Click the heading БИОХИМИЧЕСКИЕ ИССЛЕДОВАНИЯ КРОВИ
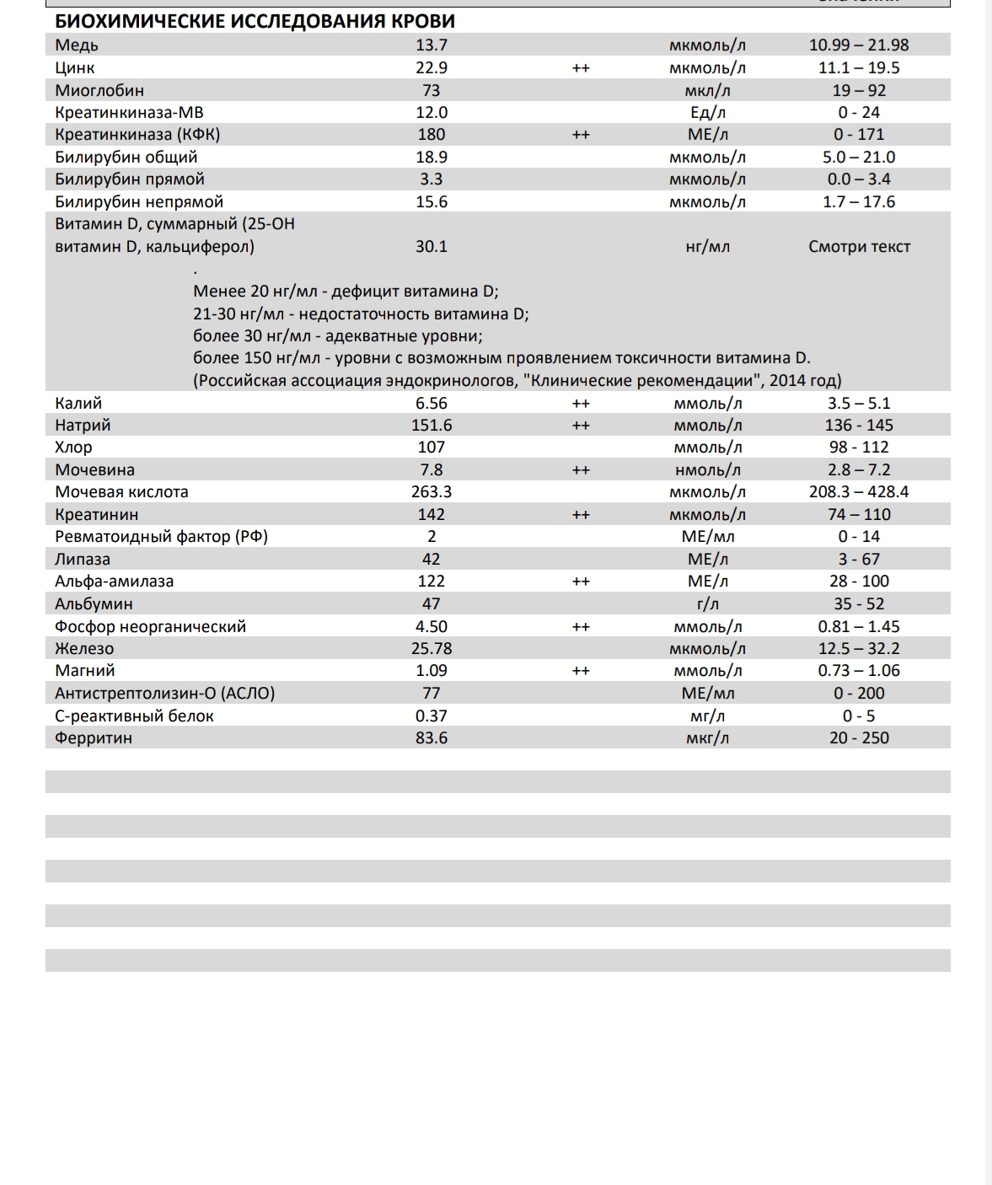point(255,22)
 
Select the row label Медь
point(77,46)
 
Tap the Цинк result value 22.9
point(432,67)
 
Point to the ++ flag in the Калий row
point(581,403)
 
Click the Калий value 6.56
point(432,403)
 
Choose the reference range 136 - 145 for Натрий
point(859,425)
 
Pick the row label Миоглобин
point(99,90)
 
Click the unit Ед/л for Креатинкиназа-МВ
point(707,112)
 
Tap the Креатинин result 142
point(432,514)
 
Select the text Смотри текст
point(859,247)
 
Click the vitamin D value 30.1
point(432,246)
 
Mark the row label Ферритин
point(94,737)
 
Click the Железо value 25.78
point(432,648)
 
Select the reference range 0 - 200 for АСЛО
point(859,693)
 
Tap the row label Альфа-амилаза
point(115,581)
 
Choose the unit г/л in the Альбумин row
point(707,603)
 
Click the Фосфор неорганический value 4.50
point(432,626)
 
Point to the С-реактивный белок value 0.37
point(432,716)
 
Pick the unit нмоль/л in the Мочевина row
point(707,469)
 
